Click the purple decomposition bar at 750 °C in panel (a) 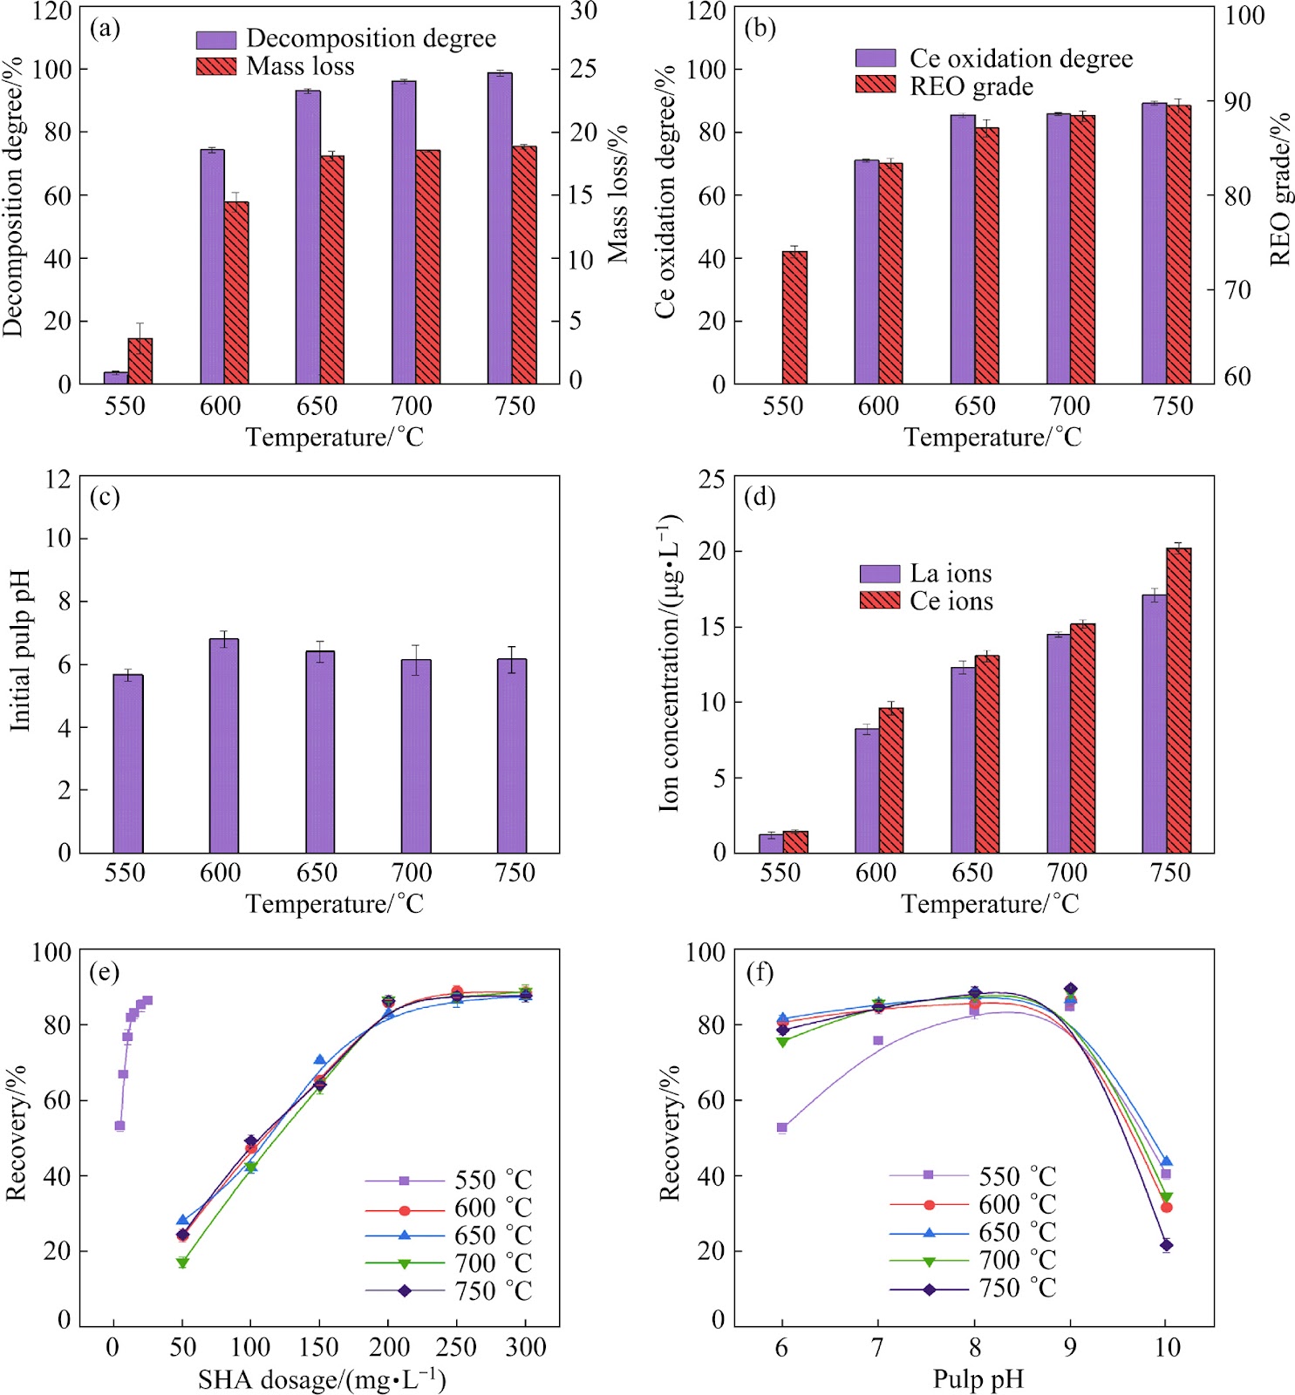click(500, 228)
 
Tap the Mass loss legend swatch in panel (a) click(216, 66)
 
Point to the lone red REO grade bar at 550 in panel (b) click(794, 317)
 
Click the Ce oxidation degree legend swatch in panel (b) click(876, 58)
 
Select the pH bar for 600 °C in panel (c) click(224, 746)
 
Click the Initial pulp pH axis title click(20, 650)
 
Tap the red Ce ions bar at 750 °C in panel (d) click(1179, 701)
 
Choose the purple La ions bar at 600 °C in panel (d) click(867, 791)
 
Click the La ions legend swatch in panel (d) click(880, 574)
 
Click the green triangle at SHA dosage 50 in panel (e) click(182, 1262)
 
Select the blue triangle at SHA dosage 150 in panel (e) click(320, 1060)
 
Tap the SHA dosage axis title click(322, 1378)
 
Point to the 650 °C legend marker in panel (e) click(405, 1235)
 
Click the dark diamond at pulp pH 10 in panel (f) click(1166, 1245)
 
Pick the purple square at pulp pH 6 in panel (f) click(782, 1127)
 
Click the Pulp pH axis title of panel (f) click(978, 1379)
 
